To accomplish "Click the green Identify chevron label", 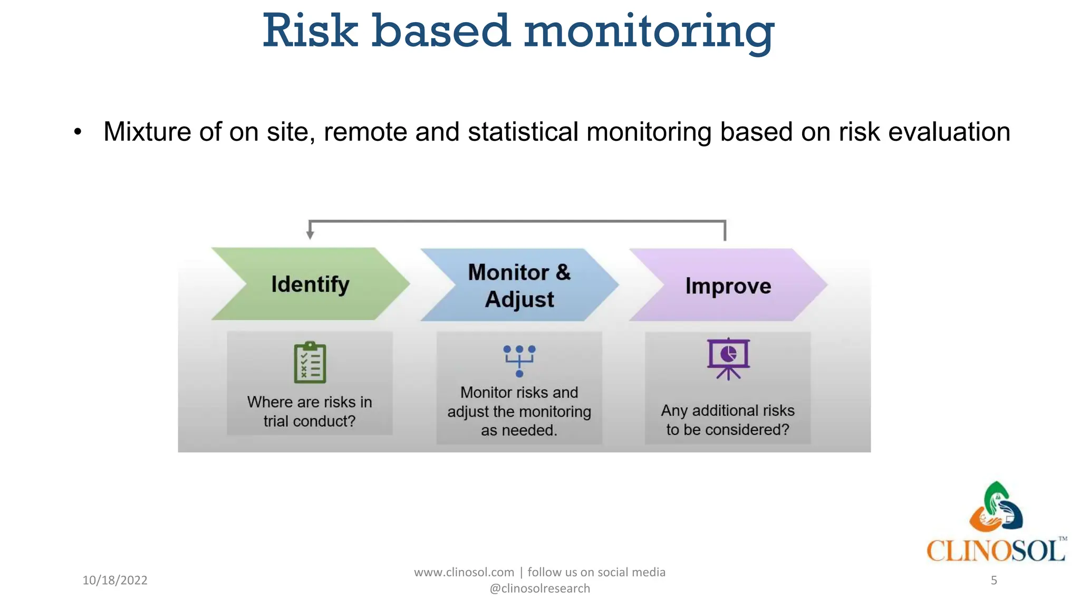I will [x=310, y=284].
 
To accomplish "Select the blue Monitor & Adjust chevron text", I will [x=519, y=286].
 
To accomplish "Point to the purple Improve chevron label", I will [x=728, y=286].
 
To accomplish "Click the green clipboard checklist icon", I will [x=310, y=363].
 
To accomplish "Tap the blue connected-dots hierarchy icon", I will [x=519, y=361].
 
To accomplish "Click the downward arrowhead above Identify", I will [x=310, y=234].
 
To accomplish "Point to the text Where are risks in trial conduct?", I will [x=310, y=411].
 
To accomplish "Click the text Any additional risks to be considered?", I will [x=728, y=420].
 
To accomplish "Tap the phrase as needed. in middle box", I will [x=519, y=430].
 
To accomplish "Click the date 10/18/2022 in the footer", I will [x=115, y=580].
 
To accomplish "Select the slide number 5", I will [x=994, y=580].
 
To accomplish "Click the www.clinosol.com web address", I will [x=464, y=572].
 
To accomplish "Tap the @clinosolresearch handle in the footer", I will [x=539, y=588].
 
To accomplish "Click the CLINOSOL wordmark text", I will [x=996, y=551].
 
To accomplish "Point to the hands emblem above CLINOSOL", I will [x=996, y=507].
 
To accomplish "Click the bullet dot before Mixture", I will [x=78, y=132].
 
